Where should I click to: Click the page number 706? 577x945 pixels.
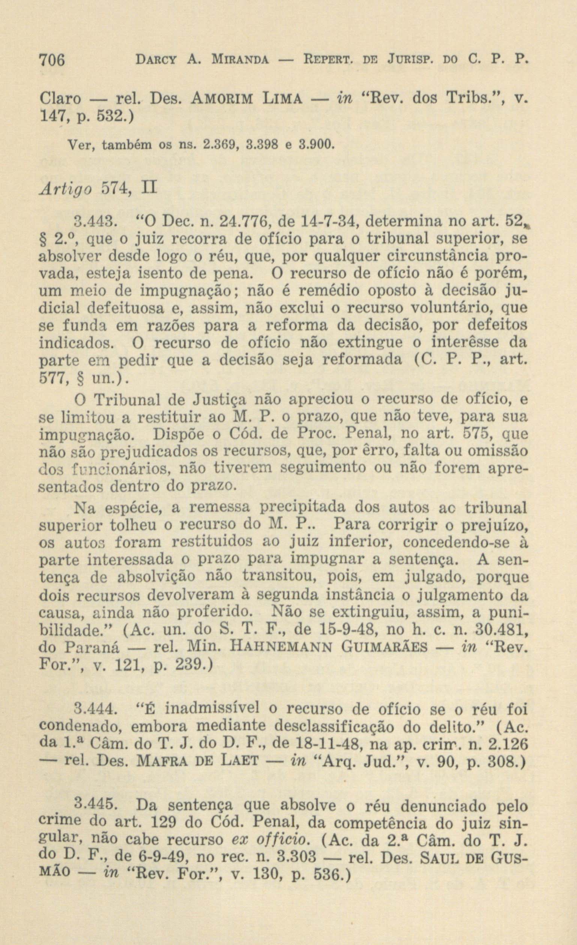point(53,60)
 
